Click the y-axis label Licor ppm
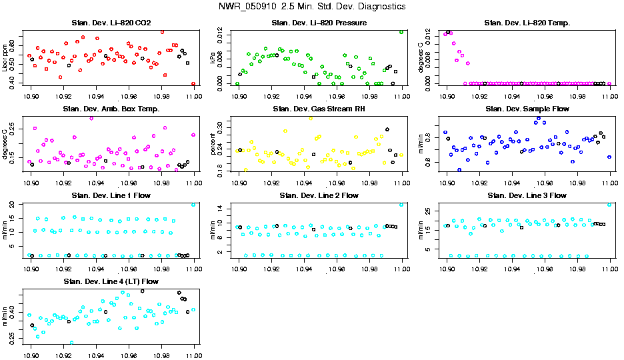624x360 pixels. pyautogui.click(x=6, y=58)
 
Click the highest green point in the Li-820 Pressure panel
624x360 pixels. pyautogui.click(x=401, y=31)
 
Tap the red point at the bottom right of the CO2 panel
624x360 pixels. pyautogui.click(x=193, y=84)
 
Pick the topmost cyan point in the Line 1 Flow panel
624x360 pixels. pyautogui.click(x=193, y=205)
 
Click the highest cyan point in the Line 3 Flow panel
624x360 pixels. pyautogui.click(x=609, y=205)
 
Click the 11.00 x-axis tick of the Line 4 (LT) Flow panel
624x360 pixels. pyautogui.click(x=194, y=353)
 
